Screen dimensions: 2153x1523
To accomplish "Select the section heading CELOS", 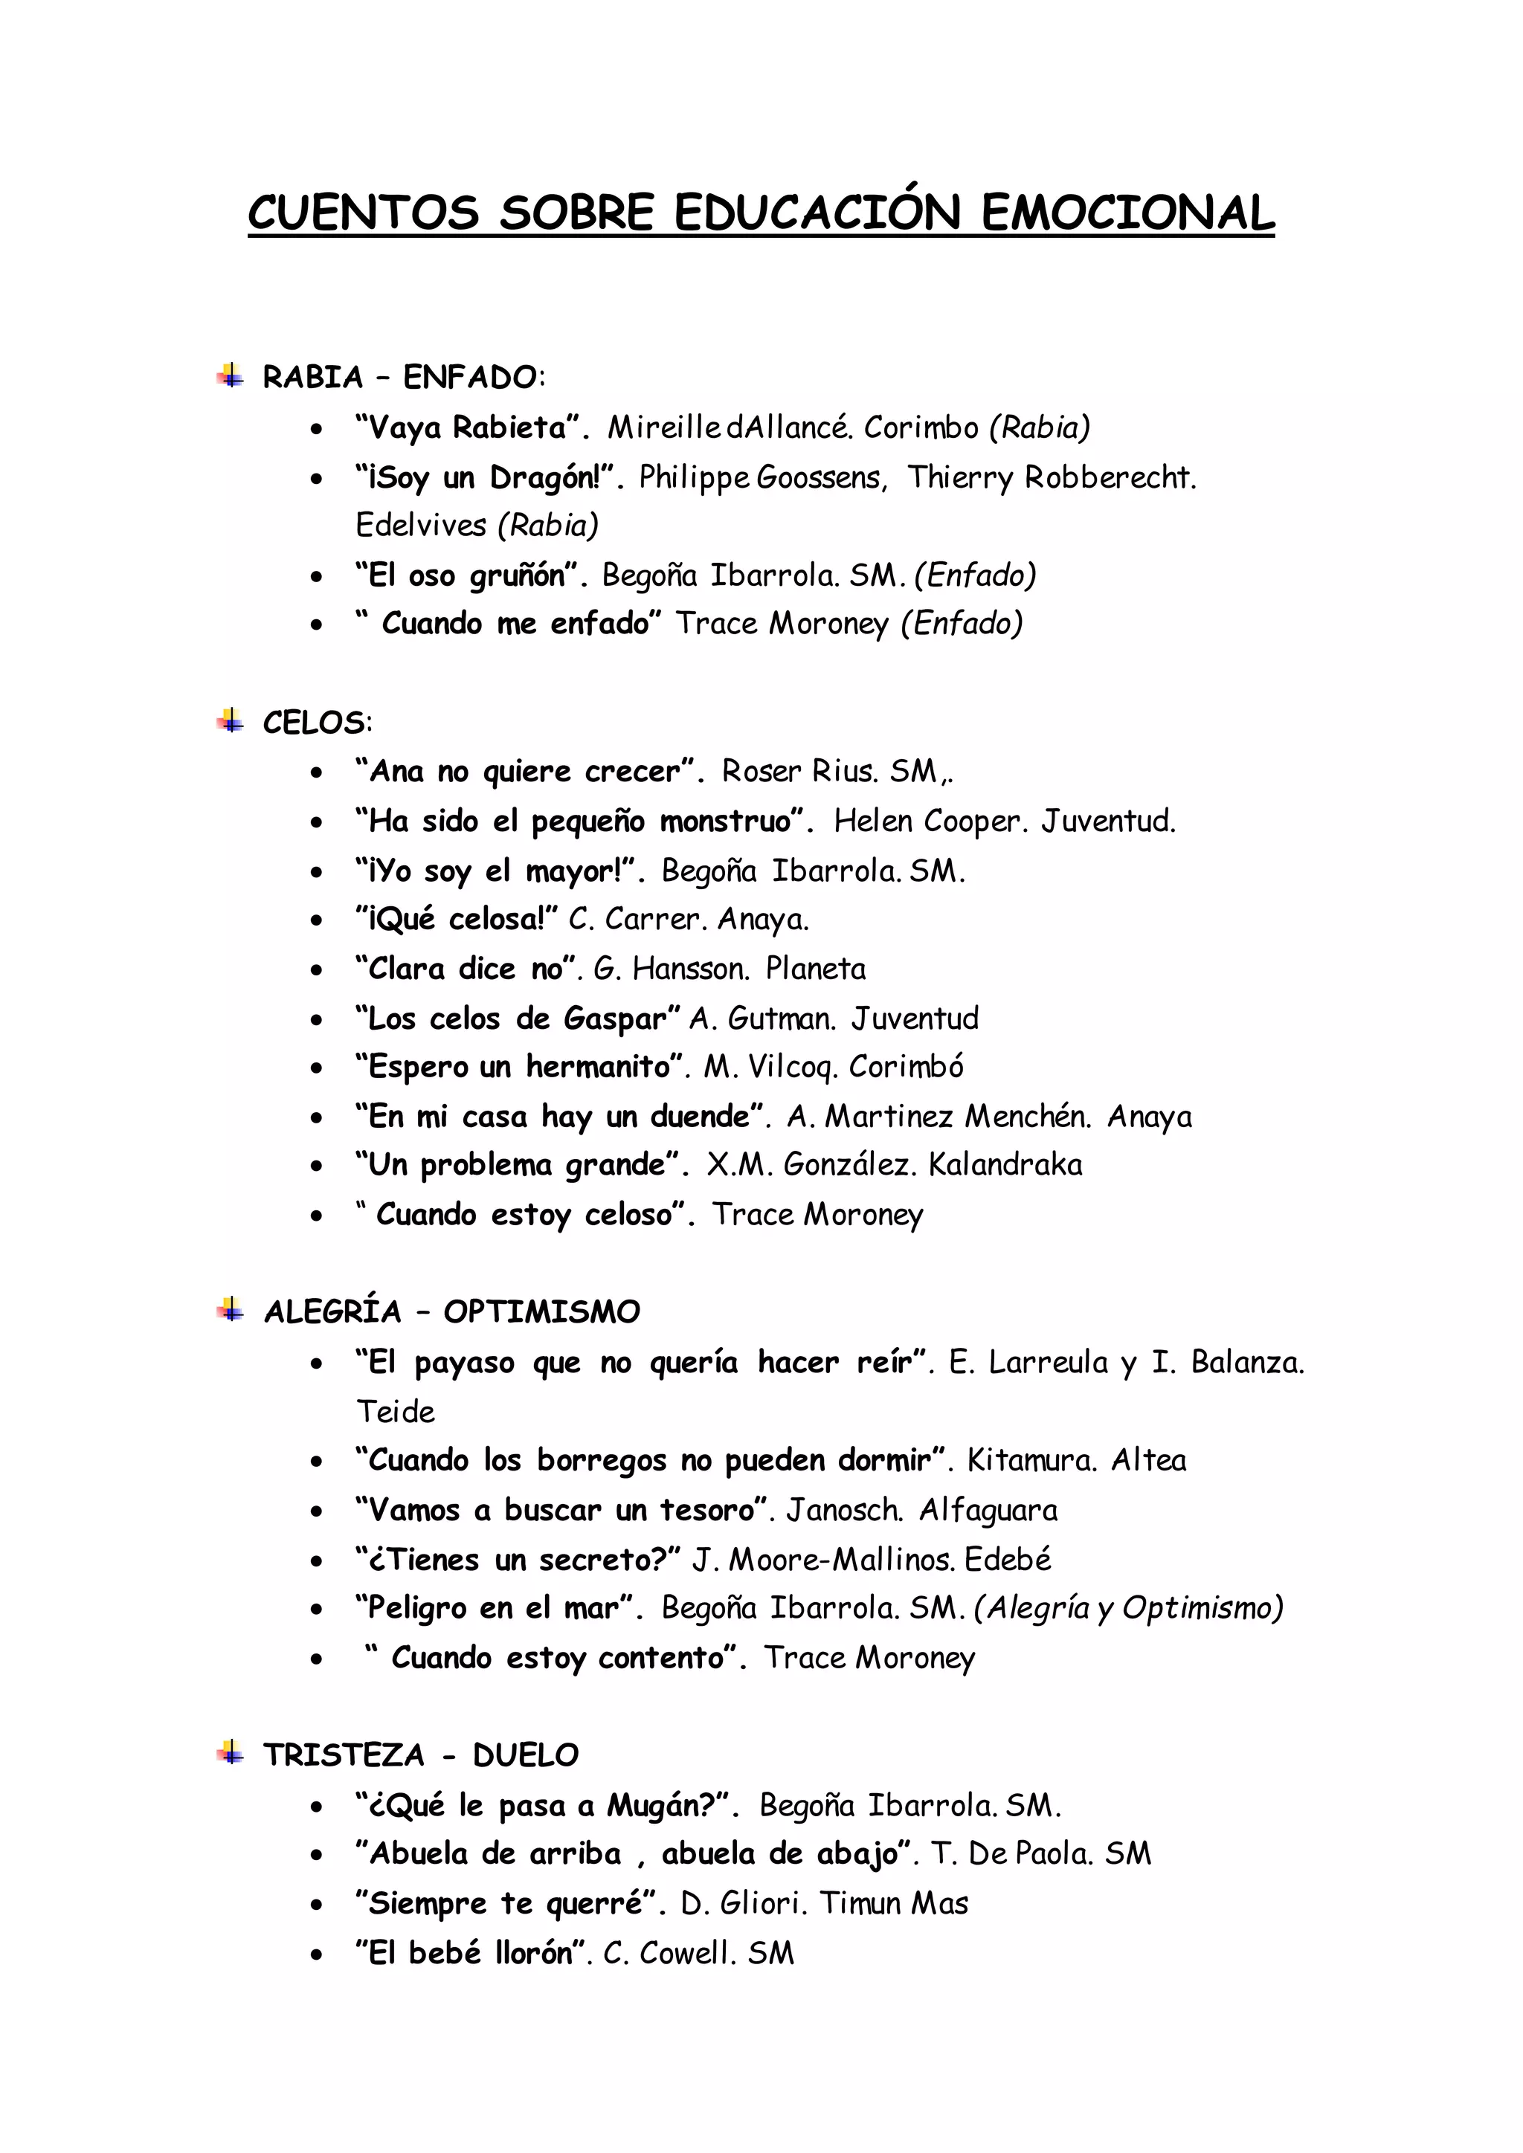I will pyautogui.click(x=315, y=723).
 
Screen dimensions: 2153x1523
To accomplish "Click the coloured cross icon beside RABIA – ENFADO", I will pyautogui.click(x=231, y=376).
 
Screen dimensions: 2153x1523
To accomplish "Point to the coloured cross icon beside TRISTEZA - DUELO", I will pyautogui.click(x=231, y=1752).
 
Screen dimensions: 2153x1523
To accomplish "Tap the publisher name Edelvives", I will pyautogui.click(x=421, y=525).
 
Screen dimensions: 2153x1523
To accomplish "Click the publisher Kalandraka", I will pyautogui.click(x=1005, y=1165).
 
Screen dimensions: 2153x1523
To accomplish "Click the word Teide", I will pyautogui.click(x=396, y=1413).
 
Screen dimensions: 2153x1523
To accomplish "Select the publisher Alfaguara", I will pyautogui.click(x=988, y=1511).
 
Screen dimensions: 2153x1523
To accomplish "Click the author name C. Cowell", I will pyautogui.click(x=667, y=1953).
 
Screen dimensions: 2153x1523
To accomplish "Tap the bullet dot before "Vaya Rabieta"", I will pyautogui.click(x=317, y=430).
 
